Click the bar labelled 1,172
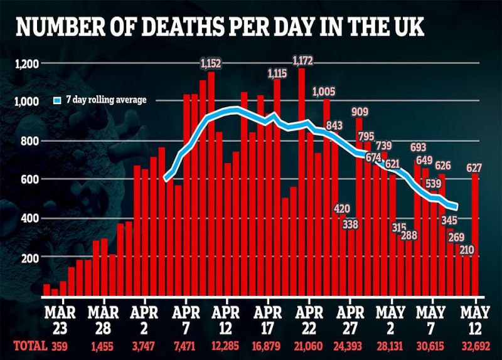click(x=302, y=182)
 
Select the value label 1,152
click(x=211, y=63)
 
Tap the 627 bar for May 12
click(x=475, y=235)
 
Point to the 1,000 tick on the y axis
click(x=27, y=102)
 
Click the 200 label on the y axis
click(x=30, y=258)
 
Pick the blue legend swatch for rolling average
click(x=57, y=100)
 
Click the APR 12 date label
click(x=226, y=320)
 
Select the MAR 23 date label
click(x=60, y=320)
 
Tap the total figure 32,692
click(x=476, y=346)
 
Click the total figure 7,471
click(x=185, y=346)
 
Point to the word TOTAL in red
click(x=30, y=346)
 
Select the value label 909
click(x=360, y=112)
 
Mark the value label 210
click(x=467, y=250)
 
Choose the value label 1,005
click(x=324, y=92)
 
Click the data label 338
click(x=350, y=224)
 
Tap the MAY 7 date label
click(x=431, y=320)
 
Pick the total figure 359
click(x=60, y=346)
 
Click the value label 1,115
click(x=277, y=74)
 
